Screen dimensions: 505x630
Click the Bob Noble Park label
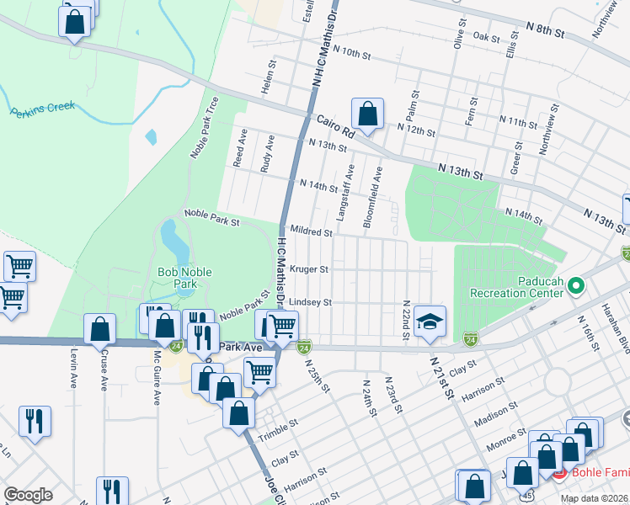click(x=184, y=278)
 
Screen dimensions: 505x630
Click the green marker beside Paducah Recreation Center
click(x=576, y=287)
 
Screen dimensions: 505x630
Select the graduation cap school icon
click(x=430, y=322)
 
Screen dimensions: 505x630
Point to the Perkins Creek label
click(x=43, y=109)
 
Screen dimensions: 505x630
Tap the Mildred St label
click(x=309, y=230)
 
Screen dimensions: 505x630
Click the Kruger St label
click(x=308, y=269)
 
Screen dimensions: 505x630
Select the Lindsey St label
click(x=311, y=302)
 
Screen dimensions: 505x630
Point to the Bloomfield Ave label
click(x=372, y=196)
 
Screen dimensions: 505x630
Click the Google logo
click(x=28, y=495)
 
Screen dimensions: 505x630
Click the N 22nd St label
click(x=406, y=320)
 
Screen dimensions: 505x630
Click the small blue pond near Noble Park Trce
click(x=151, y=136)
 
